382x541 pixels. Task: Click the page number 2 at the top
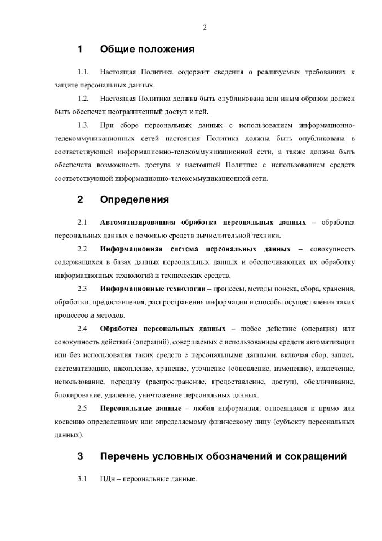pyautogui.click(x=205, y=28)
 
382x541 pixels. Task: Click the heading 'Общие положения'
pyautogui.click(x=147, y=50)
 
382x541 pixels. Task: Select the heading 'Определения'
pyautogui.click(x=134, y=199)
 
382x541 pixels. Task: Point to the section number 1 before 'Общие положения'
pyautogui.click(x=81, y=50)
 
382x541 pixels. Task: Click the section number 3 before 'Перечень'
pyautogui.click(x=81, y=456)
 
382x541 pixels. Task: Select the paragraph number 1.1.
pyautogui.click(x=83, y=73)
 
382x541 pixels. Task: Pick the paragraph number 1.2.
pyautogui.click(x=83, y=98)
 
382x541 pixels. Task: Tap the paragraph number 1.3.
pyautogui.click(x=83, y=123)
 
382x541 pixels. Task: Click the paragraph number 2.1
pyautogui.click(x=81, y=222)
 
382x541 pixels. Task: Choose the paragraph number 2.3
pyautogui.click(x=81, y=289)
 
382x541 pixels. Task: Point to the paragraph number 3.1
pyautogui.click(x=81, y=479)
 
